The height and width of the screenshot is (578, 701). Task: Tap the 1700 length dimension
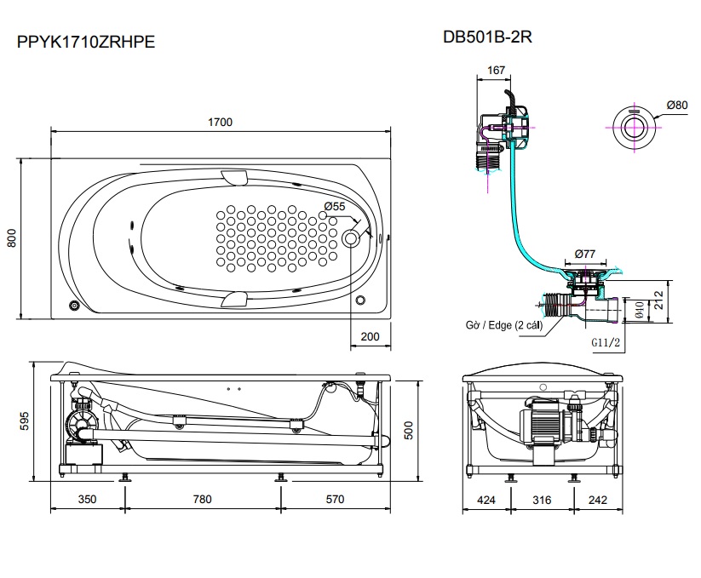[x=220, y=122]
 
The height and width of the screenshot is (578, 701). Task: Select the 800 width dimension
[x=12, y=240]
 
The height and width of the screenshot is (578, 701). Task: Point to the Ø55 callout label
[x=335, y=207]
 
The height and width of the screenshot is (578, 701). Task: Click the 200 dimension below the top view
[x=370, y=336]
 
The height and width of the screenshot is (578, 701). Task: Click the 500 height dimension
[x=408, y=432]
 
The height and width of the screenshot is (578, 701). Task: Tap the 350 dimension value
[x=88, y=500]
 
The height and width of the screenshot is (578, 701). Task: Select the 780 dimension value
[x=203, y=500]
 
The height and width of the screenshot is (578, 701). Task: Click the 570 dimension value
[x=334, y=500]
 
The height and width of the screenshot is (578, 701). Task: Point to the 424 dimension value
[x=486, y=500]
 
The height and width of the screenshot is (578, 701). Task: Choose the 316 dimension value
[x=542, y=500]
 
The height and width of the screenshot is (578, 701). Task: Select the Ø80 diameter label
[x=676, y=105]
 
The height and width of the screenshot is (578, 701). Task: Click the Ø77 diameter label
[x=584, y=253]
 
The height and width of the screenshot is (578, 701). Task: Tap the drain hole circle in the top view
[x=351, y=239]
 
